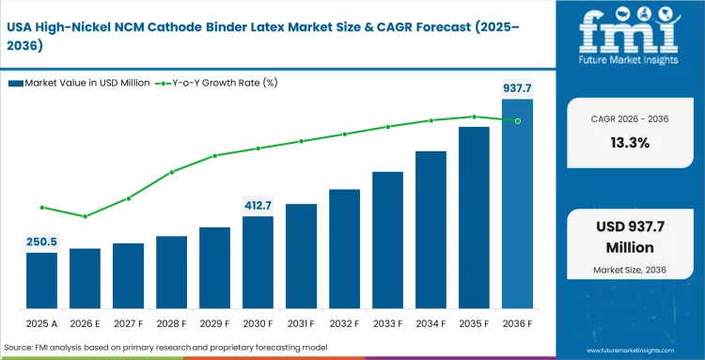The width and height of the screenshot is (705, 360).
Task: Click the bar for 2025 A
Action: click(41, 280)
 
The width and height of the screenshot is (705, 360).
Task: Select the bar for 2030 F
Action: click(258, 262)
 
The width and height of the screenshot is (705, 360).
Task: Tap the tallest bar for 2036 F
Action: click(517, 203)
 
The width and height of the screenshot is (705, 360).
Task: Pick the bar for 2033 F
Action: click(387, 240)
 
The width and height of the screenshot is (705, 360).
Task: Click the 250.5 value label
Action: click(41, 242)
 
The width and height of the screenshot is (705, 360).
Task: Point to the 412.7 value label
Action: click(258, 205)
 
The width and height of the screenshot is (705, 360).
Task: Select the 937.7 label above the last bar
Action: click(517, 87)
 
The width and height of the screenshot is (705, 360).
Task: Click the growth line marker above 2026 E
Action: click(85, 216)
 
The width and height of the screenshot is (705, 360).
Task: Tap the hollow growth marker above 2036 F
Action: click(517, 120)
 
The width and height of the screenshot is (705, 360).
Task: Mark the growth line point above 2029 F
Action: click(214, 155)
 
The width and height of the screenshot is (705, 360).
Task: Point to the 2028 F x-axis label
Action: click(171, 323)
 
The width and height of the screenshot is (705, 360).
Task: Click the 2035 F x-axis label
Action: click(474, 323)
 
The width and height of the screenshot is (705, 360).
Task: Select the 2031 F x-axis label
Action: click(301, 323)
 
